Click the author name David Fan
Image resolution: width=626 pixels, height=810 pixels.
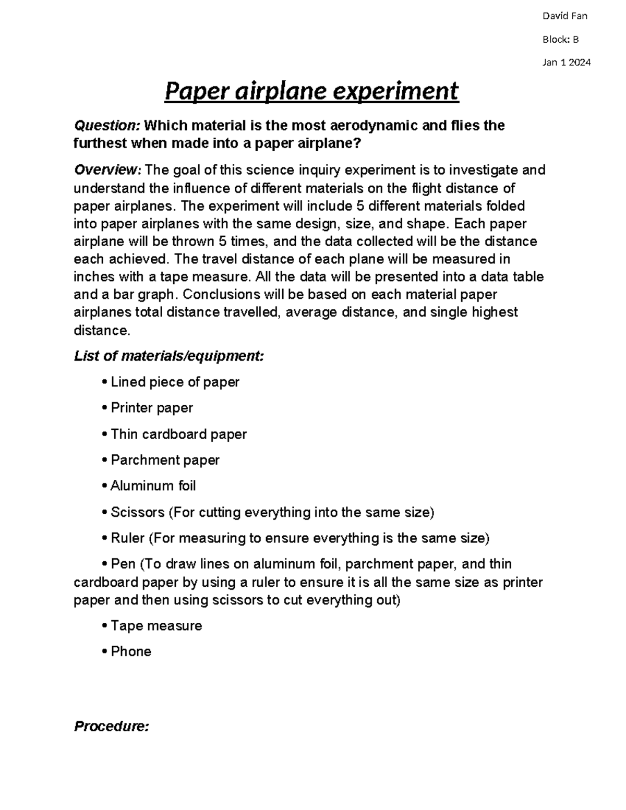(564, 16)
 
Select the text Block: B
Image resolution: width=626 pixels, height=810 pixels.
(560, 39)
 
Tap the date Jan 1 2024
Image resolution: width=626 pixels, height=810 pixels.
(567, 63)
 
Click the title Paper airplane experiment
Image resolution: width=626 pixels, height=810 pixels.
(311, 91)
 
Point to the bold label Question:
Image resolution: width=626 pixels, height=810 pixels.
(107, 126)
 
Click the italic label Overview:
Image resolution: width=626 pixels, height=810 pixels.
(107, 170)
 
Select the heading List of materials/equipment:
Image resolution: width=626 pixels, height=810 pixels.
(169, 356)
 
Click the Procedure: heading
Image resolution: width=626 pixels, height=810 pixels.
(112, 726)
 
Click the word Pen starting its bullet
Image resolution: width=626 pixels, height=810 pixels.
(123, 564)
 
